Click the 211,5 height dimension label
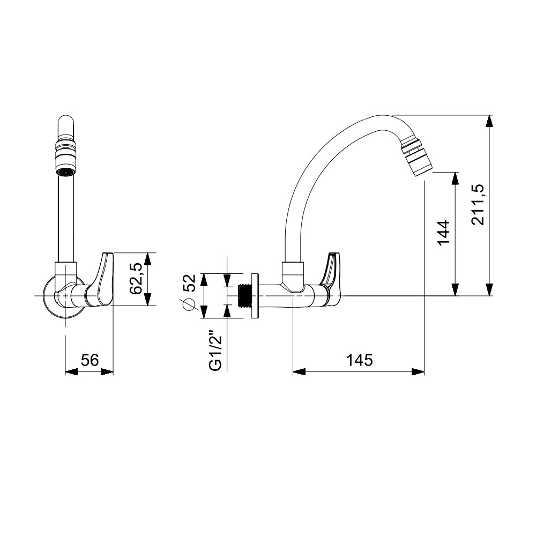[x=478, y=204]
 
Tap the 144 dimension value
[x=443, y=233]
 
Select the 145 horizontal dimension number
[x=359, y=360]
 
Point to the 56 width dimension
[x=90, y=360]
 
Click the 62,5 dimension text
[x=136, y=279]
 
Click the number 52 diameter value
[x=189, y=282]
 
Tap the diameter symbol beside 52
[x=189, y=304]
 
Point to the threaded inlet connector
[x=244, y=296]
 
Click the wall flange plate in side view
[x=255, y=296]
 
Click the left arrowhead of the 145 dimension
[x=299, y=372]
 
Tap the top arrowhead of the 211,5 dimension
[x=489, y=121]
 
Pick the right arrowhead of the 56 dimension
[x=107, y=372]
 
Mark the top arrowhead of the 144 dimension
[x=455, y=178]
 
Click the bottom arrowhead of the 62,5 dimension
[x=147, y=299]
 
